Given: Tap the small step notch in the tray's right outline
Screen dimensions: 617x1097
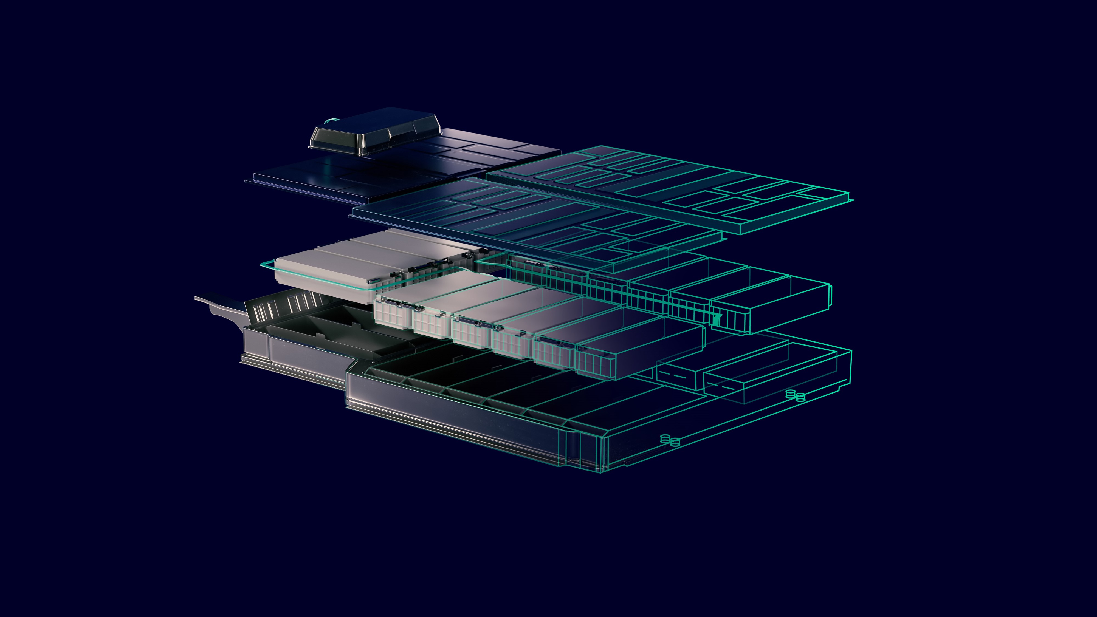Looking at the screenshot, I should [x=841, y=387].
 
